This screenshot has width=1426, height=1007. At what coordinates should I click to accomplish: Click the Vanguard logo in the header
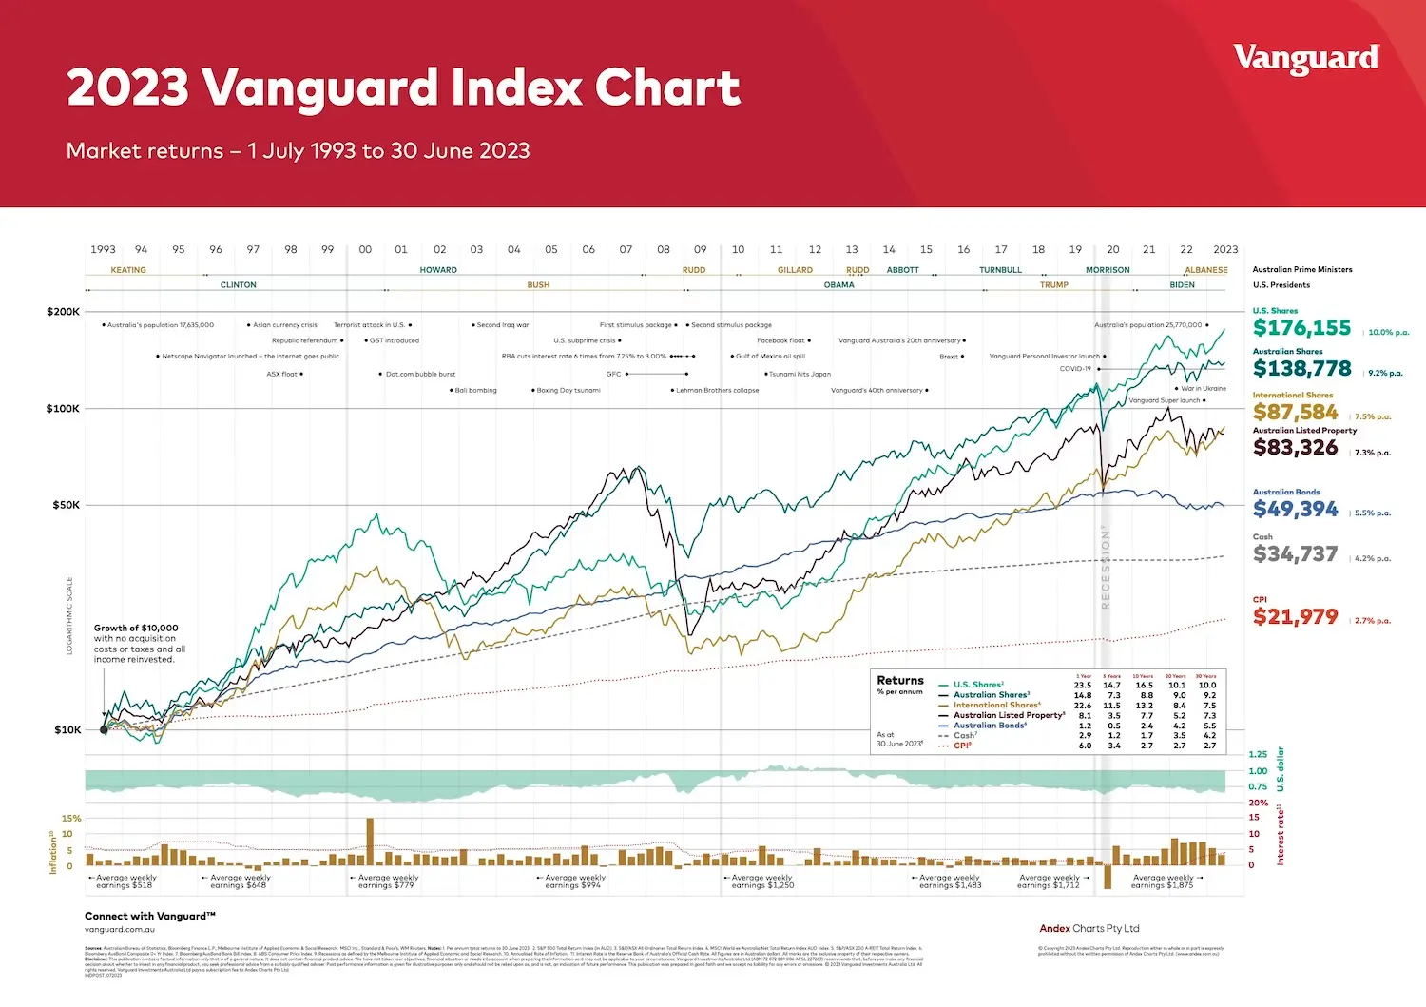point(1305,59)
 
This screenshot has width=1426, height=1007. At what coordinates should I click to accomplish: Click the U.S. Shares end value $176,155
point(1301,328)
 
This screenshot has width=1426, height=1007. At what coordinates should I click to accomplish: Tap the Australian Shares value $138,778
point(1301,369)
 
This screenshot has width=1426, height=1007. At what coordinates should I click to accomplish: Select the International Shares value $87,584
point(1295,413)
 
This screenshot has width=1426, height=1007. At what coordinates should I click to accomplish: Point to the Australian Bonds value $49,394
point(1295,510)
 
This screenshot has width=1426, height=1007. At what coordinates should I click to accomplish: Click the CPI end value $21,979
point(1295,617)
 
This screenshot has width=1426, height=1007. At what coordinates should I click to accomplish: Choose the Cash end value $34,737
point(1295,554)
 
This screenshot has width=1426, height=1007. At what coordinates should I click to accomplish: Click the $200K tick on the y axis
point(63,312)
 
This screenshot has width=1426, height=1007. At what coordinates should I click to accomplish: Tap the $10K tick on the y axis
point(67,730)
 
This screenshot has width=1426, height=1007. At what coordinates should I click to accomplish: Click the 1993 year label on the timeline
point(103,250)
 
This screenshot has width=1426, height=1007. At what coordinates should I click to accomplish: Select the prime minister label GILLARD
point(795,270)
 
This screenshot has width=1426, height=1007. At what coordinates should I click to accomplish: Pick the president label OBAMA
point(838,285)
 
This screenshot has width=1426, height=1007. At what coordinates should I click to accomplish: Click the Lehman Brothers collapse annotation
point(717,390)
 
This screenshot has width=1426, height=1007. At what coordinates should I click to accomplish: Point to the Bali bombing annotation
point(475,390)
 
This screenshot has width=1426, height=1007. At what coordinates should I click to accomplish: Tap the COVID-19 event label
point(1075,369)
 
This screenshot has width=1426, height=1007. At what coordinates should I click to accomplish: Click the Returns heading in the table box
point(899,681)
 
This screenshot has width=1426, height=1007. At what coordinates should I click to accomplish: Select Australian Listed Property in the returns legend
point(1009,715)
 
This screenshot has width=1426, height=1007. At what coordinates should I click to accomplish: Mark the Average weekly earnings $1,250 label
point(762,881)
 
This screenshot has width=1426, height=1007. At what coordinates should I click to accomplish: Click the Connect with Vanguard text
point(150,917)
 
